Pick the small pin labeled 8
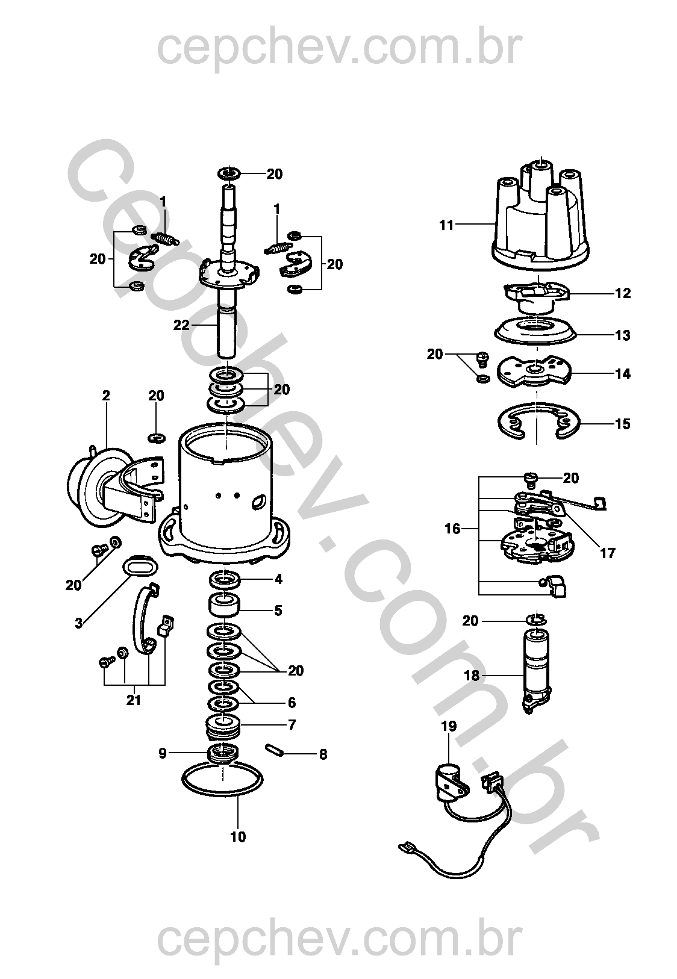tap(275, 750)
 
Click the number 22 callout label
tap(181, 325)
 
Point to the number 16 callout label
tap(453, 529)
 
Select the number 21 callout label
tap(133, 700)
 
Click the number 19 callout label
tap(449, 726)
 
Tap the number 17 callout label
tap(608, 554)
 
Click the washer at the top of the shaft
tap(229, 173)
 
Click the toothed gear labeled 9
tap(223, 753)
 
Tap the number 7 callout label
tap(292, 725)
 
